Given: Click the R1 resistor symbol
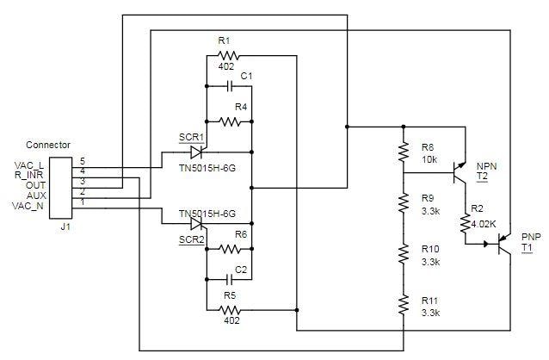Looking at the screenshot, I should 227,56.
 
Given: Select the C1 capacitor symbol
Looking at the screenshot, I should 229,87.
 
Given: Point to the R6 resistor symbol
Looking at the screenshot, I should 230,250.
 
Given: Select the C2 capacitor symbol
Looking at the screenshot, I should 229,279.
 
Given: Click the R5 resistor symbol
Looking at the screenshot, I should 228,309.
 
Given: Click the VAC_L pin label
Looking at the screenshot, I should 29,164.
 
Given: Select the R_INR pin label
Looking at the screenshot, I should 29,175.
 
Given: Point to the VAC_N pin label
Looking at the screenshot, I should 29,206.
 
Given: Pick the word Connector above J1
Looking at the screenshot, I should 48,145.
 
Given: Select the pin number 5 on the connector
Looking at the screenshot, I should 83,161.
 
